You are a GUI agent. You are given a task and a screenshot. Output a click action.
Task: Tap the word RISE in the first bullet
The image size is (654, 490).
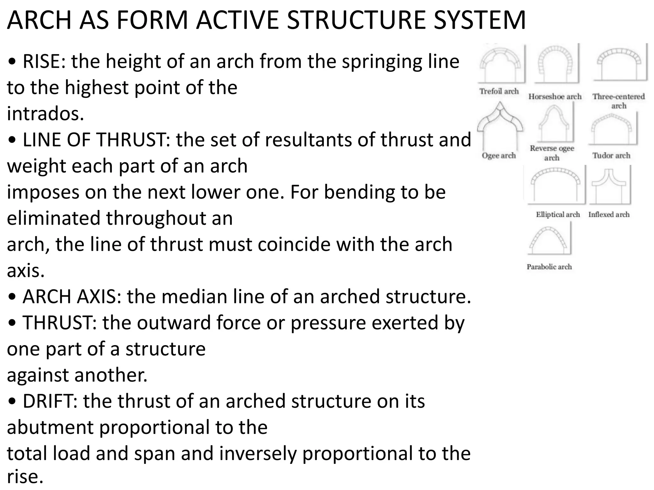click(43, 61)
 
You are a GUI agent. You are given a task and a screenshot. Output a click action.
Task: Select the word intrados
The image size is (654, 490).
click(45, 114)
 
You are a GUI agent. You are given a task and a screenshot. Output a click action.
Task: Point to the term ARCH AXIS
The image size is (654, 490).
click(69, 296)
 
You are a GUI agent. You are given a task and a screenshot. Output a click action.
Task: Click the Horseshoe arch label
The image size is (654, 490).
click(555, 96)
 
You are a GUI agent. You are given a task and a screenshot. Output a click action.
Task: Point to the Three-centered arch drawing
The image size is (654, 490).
click(619, 64)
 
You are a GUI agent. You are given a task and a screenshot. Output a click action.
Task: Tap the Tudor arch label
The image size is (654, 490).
click(611, 155)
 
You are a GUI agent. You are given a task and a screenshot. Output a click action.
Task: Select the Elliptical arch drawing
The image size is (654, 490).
click(556, 185)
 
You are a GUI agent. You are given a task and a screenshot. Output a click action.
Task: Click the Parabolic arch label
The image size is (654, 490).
click(549, 267)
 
